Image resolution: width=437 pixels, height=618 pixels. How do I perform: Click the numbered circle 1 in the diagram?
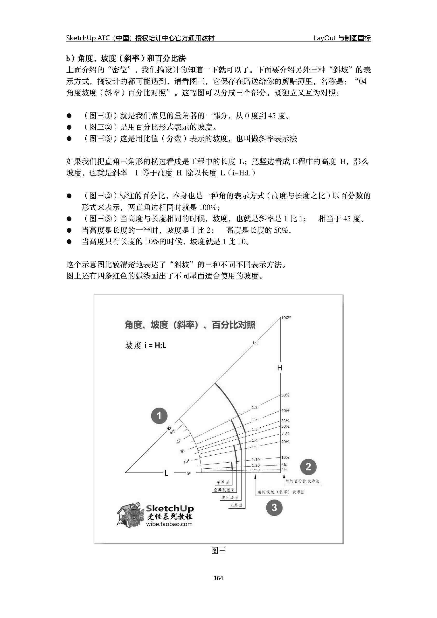click(x=159, y=416)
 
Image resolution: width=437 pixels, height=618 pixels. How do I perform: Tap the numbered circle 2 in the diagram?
click(x=308, y=467)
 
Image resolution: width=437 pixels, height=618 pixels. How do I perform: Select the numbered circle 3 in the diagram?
click(x=274, y=507)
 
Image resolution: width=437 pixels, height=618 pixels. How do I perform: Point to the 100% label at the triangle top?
click(x=286, y=318)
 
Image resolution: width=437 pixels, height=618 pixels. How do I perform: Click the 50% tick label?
click(x=285, y=395)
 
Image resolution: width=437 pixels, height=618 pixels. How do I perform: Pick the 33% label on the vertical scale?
click(x=285, y=420)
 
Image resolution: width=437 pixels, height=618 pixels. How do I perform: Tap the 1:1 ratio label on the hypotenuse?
click(x=255, y=343)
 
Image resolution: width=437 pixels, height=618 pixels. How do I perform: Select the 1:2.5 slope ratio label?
click(x=256, y=419)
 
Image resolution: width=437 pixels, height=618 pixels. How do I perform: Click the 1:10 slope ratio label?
click(x=256, y=460)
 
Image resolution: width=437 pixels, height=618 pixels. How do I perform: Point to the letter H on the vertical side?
click(x=280, y=368)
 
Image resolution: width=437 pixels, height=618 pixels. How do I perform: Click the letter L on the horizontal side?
click(x=166, y=473)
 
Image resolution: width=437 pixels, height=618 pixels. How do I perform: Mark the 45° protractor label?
click(x=169, y=427)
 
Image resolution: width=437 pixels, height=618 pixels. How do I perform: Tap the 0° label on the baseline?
click(x=188, y=474)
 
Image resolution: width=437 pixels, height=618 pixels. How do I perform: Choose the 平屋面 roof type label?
click(x=223, y=483)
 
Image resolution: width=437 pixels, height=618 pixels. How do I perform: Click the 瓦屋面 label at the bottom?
click(x=236, y=505)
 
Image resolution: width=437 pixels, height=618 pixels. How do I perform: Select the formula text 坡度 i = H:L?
click(x=146, y=345)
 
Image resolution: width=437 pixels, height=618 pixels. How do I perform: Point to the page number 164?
click(x=218, y=578)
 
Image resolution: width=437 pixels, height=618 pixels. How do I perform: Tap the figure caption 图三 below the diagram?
click(x=218, y=551)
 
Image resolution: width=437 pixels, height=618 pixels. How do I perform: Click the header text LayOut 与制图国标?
click(x=342, y=38)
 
